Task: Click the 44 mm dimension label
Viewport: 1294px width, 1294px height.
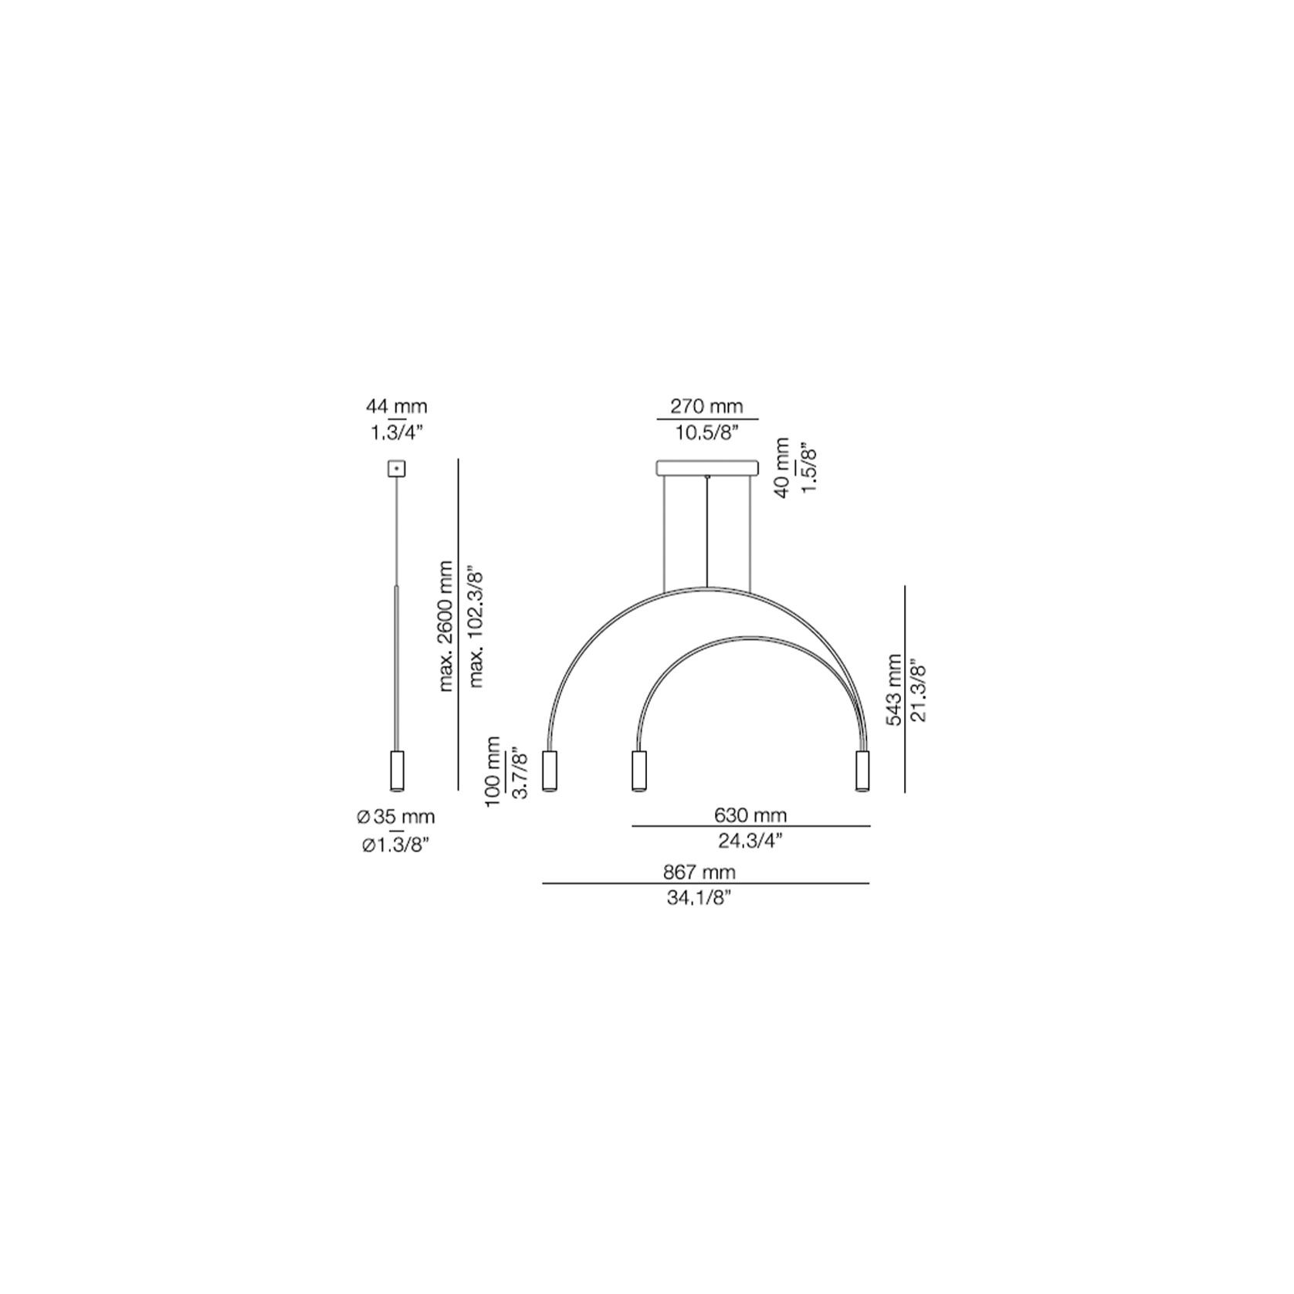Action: [396, 406]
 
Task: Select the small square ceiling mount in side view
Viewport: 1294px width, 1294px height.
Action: [396, 468]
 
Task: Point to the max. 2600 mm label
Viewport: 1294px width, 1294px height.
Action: [445, 626]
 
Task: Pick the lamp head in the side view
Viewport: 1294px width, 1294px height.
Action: [396, 770]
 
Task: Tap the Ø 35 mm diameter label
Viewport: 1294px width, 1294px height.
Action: [396, 816]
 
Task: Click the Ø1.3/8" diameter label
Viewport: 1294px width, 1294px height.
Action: [396, 845]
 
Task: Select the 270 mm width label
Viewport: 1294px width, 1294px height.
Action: [706, 406]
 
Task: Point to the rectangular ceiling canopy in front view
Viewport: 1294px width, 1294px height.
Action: [707, 468]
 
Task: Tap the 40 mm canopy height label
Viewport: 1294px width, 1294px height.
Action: [781, 468]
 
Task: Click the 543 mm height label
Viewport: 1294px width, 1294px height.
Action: [894, 689]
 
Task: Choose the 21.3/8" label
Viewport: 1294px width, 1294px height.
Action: [919, 689]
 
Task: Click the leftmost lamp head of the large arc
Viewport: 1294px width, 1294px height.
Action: [550, 770]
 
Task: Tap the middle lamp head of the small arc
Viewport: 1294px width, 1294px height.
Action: [639, 770]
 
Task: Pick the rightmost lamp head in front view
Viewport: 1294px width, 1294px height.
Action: [862, 770]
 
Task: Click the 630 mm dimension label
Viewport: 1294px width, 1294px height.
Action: [750, 815]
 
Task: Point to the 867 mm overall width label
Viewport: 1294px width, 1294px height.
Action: [700, 872]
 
